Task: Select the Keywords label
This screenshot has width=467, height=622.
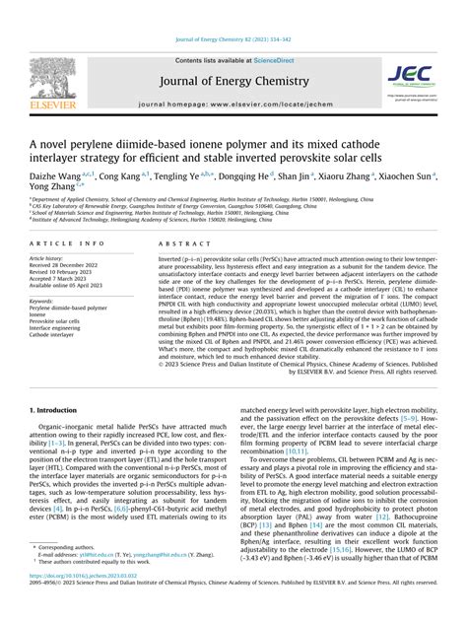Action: [43, 298]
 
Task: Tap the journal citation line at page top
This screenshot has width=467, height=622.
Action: [233, 11]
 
